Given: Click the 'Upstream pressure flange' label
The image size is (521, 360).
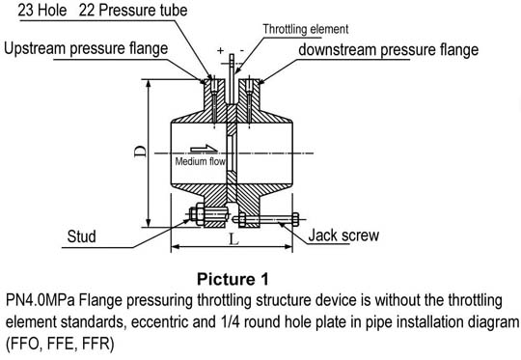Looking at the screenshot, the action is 86,49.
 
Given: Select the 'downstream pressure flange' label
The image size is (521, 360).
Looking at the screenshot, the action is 389,50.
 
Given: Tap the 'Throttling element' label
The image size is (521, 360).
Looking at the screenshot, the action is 306,29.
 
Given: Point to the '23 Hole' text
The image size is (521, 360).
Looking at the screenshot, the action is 42,10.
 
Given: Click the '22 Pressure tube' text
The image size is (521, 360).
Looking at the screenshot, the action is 133,10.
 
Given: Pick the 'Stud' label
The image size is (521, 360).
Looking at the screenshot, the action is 81,236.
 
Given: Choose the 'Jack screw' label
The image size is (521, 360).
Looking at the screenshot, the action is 343,235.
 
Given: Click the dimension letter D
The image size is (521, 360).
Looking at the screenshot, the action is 141,152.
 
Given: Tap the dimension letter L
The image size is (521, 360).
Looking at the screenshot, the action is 234,239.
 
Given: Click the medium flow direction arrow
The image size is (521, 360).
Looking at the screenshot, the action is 204,149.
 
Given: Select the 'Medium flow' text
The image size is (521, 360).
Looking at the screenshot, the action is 200,161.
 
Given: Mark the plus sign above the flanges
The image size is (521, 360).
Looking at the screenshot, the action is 220,50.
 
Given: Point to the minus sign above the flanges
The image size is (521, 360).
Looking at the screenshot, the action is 242,50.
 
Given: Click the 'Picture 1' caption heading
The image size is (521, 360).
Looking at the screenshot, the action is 233,279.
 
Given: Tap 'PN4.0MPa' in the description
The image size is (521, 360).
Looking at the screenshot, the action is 41,300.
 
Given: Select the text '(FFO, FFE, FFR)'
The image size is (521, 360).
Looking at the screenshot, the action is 60,344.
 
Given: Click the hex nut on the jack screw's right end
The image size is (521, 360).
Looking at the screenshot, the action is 295,219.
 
